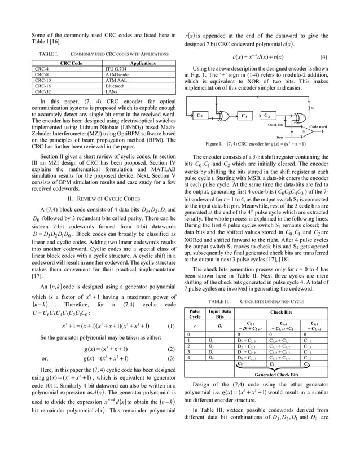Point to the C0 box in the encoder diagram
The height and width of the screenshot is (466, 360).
point(200,116)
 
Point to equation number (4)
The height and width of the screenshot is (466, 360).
point(323,57)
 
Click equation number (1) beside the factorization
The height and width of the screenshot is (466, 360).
point(172,326)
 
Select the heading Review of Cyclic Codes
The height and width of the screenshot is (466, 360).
point(103,199)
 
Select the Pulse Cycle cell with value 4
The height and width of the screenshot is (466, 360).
point(195,357)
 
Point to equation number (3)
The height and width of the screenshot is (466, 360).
point(172,358)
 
